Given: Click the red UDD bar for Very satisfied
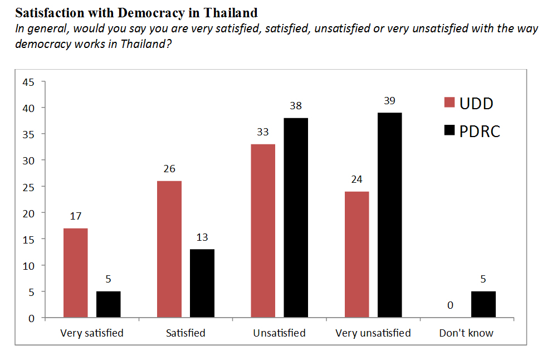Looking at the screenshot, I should tap(75, 273).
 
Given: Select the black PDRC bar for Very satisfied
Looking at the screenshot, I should tap(108, 304).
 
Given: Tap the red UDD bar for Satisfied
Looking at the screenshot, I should tap(169, 249).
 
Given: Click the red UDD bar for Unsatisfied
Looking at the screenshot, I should tap(263, 231).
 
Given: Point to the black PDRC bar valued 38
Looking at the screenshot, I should tap(296, 218).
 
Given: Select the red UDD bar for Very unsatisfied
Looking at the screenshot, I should tap(357, 255).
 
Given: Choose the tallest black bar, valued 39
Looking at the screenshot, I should tap(389, 215).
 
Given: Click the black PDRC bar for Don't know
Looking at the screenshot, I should tap(483, 304).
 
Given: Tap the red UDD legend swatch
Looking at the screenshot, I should tap(449, 103).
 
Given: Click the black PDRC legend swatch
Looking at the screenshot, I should tap(449, 132).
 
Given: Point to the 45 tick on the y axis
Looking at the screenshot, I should tap(28, 82).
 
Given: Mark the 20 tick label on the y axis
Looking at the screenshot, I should tap(28, 213).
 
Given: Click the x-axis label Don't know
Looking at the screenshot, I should tap(466, 333).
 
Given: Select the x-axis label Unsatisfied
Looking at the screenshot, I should tap(279, 333).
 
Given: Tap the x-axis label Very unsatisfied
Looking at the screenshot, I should tap(373, 333).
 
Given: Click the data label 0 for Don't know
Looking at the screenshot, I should tap(450, 305).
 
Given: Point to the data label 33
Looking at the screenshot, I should tap(263, 132).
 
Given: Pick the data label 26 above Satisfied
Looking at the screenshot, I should tap(169, 169).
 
